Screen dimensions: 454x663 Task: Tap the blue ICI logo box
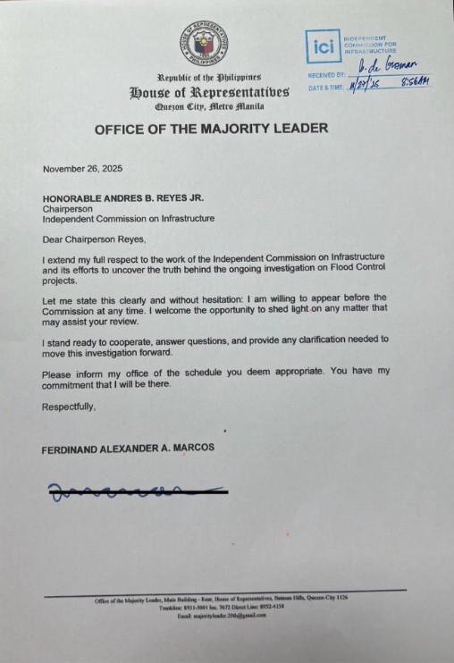pyautogui.click(x=322, y=45)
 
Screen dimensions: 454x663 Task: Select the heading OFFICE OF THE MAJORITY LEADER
pyautogui.click(x=211, y=128)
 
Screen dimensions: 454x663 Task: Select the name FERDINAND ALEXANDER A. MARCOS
pyautogui.click(x=128, y=449)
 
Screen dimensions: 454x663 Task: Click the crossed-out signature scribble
pyautogui.click(x=134, y=490)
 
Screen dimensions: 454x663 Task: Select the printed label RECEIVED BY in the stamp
pyautogui.click(x=326, y=75)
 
